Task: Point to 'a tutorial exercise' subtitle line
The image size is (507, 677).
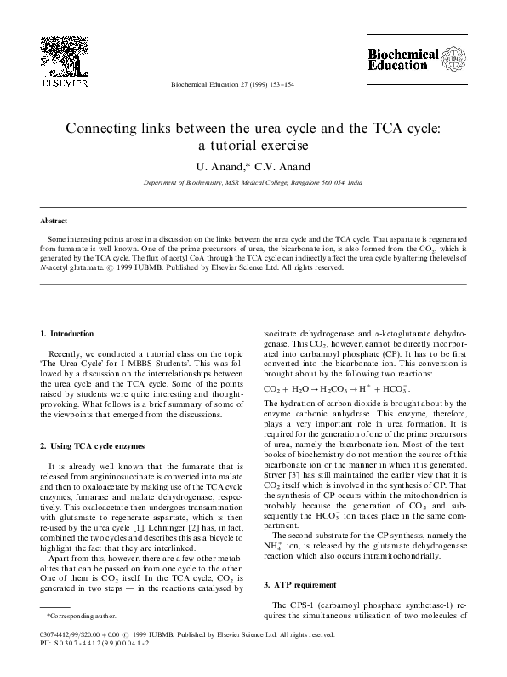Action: pos(253,146)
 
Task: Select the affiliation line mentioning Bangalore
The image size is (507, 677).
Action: pos(253,183)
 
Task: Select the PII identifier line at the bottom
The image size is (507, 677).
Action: pos(88,645)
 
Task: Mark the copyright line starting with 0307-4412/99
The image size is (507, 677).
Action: pos(191,635)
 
